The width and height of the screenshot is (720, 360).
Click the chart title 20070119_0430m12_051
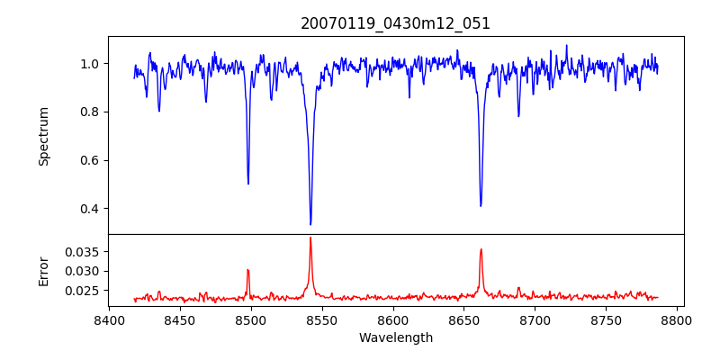click(395, 23)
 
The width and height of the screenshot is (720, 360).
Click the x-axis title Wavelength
click(395, 337)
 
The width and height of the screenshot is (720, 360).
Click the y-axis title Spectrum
click(43, 136)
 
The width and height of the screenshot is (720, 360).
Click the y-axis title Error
click(43, 270)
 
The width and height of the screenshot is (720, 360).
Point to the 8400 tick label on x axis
click(109, 319)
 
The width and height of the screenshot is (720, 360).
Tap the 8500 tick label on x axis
click(251, 319)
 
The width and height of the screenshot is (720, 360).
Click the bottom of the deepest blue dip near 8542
click(310, 224)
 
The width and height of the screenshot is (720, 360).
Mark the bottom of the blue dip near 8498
click(248, 184)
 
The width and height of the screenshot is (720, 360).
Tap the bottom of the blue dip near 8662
click(481, 205)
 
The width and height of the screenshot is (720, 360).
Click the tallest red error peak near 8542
click(310, 238)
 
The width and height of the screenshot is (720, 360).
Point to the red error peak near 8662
click(481, 249)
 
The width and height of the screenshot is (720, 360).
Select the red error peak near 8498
click(247, 270)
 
